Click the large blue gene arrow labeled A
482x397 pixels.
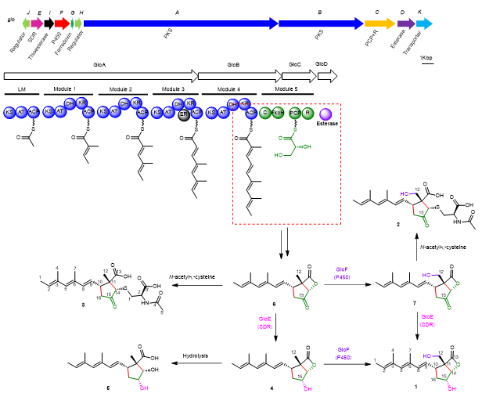coord(180,24)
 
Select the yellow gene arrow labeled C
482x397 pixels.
coord(379,24)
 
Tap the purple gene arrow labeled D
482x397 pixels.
coord(405,24)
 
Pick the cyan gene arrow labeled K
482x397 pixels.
coord(423,24)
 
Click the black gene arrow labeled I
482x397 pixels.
coord(49,24)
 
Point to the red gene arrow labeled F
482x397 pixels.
coord(62,24)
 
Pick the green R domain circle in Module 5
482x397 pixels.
coord(308,113)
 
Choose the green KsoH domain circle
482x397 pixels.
coord(276,113)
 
